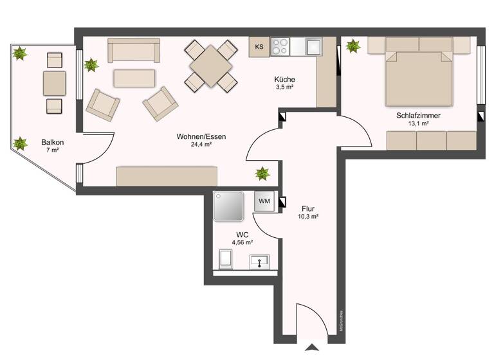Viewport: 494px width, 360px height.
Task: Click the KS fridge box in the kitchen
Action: click(x=259, y=46)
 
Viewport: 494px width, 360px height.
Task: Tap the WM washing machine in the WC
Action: click(x=264, y=201)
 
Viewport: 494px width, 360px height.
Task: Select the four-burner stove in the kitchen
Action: click(x=280, y=46)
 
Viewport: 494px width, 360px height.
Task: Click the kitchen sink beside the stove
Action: click(x=313, y=46)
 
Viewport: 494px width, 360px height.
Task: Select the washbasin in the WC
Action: click(x=259, y=261)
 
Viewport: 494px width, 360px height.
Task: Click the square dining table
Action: click(x=210, y=64)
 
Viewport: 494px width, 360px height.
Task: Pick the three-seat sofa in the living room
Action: click(x=134, y=50)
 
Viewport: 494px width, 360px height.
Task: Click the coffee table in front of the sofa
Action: click(x=134, y=78)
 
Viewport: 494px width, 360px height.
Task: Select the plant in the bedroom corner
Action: click(x=352, y=46)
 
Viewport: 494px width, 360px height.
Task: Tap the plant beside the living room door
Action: click(x=262, y=172)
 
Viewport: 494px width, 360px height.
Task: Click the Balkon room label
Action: click(x=52, y=142)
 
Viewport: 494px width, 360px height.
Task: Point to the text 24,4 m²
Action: click(x=201, y=145)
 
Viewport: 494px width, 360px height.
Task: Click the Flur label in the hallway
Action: click(x=308, y=208)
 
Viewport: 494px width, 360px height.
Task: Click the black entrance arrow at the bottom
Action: click(x=312, y=348)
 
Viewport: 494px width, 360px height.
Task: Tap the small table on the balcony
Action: click(x=55, y=83)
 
